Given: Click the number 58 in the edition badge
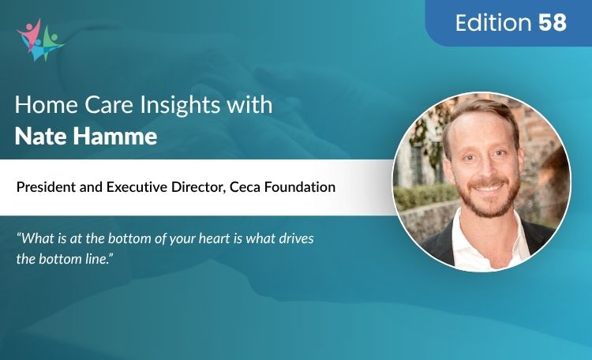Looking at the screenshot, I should (x=553, y=23).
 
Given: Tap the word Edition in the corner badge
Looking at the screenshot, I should (x=495, y=23).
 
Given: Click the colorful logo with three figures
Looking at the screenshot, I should (x=39, y=39).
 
